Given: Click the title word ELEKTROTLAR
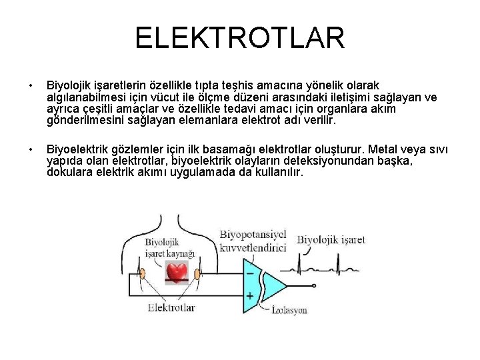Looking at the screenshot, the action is (240, 38).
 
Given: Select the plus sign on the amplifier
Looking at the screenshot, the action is (250, 295).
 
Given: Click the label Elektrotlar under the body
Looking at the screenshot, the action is (171, 307).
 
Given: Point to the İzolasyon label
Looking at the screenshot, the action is (289, 310).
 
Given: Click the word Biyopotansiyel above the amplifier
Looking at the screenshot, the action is (253, 235).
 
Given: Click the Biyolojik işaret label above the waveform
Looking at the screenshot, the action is (331, 240).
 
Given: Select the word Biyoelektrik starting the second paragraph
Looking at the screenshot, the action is (74, 147).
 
